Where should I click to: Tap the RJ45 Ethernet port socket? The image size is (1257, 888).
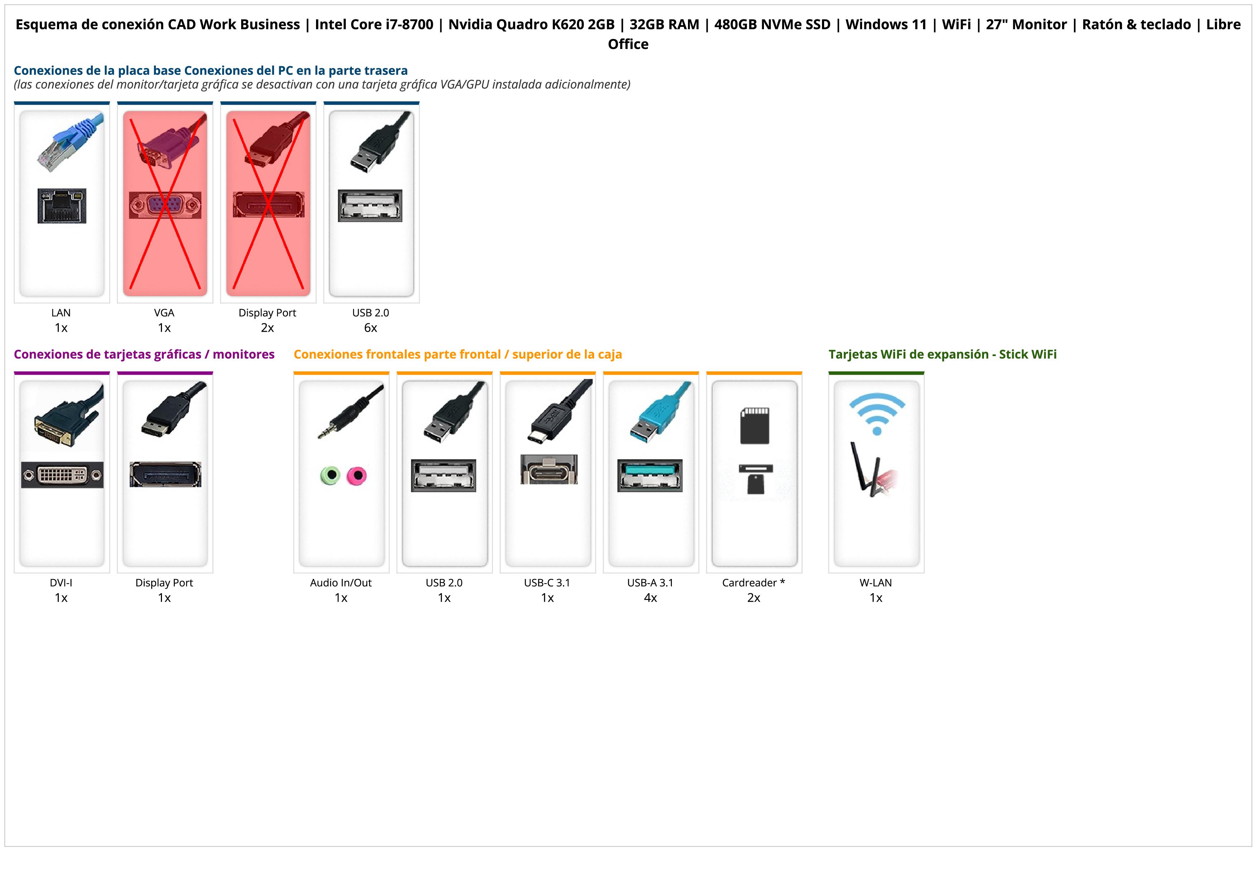(x=62, y=206)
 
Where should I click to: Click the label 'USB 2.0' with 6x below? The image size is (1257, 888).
(x=371, y=313)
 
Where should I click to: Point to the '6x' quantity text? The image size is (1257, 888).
(x=371, y=328)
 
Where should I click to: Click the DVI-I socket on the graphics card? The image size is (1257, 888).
(x=62, y=475)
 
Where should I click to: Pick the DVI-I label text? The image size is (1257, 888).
(x=61, y=583)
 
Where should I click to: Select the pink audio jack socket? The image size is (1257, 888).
(x=357, y=475)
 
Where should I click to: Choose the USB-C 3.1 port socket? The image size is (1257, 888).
(x=549, y=470)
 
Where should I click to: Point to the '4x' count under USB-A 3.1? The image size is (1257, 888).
(x=650, y=597)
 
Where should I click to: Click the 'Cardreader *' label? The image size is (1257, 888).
(x=753, y=583)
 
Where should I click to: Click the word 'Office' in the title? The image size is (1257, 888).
(x=628, y=44)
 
